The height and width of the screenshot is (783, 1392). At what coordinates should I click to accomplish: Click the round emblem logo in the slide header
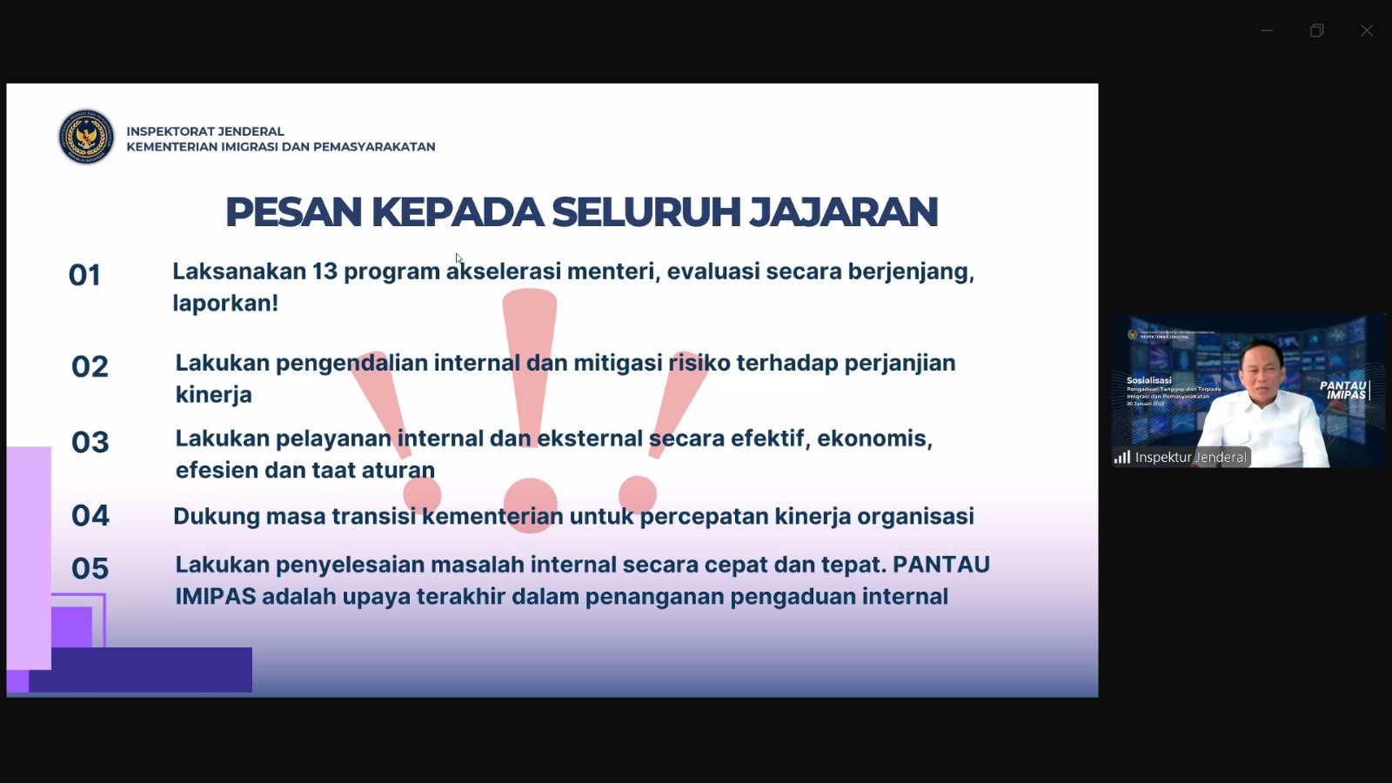(x=86, y=137)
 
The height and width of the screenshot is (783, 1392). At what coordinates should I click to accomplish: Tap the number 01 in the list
(x=84, y=276)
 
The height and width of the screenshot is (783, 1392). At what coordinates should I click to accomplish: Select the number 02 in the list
(x=90, y=367)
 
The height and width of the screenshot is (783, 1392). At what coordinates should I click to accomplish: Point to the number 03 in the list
(x=90, y=443)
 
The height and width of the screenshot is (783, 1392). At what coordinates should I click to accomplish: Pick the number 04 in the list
(x=90, y=516)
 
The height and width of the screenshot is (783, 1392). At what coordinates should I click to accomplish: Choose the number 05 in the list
(x=90, y=569)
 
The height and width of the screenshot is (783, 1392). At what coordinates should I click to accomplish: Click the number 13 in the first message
(x=325, y=271)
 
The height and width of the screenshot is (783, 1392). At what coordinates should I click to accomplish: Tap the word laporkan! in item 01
(x=225, y=304)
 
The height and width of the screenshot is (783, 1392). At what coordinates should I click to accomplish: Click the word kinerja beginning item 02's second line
(x=213, y=395)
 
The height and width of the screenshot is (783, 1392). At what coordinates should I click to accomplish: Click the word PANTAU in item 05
(x=940, y=565)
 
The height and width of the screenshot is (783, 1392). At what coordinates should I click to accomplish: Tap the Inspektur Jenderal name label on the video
(x=1190, y=458)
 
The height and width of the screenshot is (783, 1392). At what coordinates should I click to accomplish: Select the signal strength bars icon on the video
(x=1122, y=458)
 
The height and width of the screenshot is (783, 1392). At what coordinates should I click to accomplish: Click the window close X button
(x=1367, y=30)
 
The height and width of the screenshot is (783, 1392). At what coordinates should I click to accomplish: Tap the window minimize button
(x=1267, y=30)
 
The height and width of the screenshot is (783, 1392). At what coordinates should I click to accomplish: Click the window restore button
(x=1316, y=30)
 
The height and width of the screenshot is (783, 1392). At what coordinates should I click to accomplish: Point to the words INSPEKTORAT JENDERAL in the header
(x=205, y=131)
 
